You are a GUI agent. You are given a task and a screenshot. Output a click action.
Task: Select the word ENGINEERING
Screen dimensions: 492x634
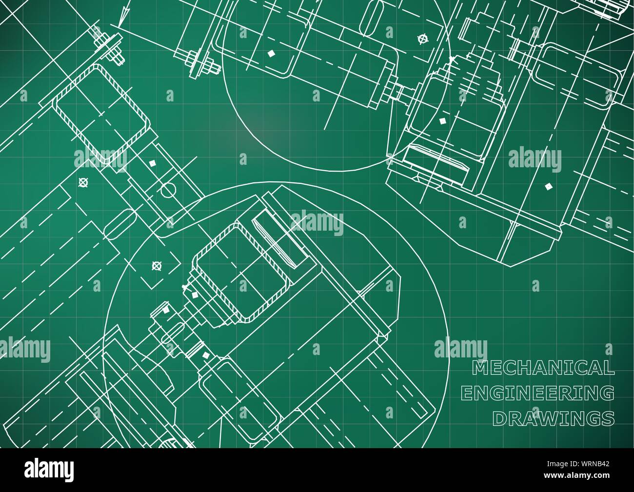(537, 393)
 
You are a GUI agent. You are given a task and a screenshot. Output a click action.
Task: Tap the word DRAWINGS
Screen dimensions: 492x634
(554, 417)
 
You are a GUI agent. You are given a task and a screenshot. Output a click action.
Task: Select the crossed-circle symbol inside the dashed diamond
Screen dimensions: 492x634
(157, 266)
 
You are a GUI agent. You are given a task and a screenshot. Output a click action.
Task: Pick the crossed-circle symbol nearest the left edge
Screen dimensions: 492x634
(83, 183)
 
